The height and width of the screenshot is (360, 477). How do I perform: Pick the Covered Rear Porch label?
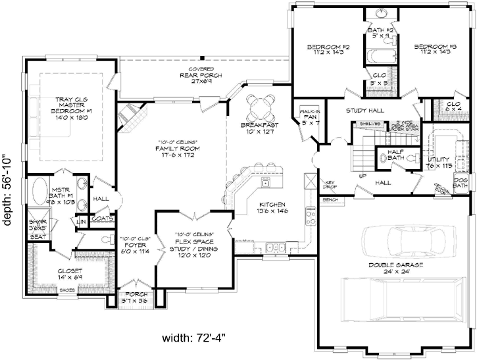point(202,75)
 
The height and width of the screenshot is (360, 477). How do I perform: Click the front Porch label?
point(135,296)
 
